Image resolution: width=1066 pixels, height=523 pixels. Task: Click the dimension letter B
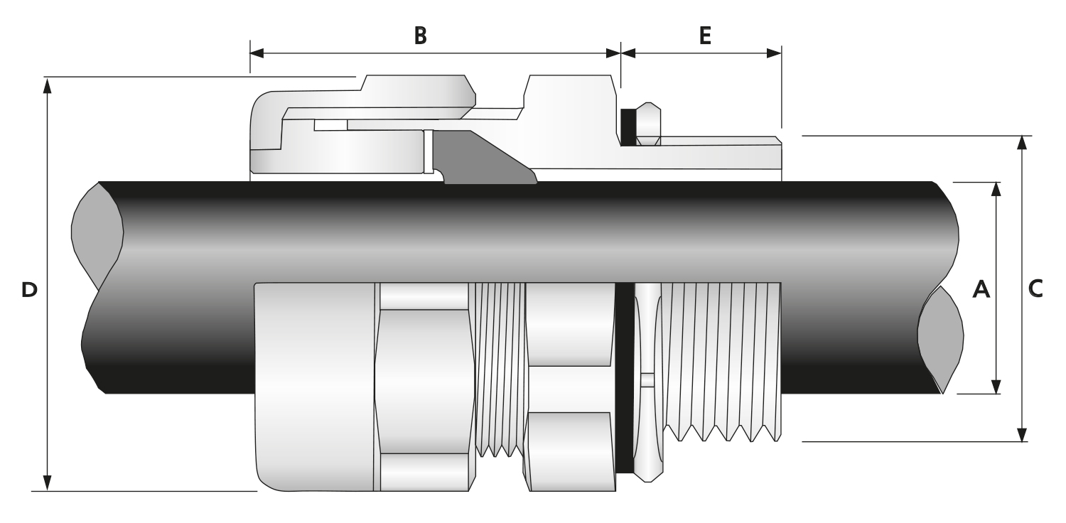point(421,36)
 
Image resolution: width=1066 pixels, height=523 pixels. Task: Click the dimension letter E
point(704,36)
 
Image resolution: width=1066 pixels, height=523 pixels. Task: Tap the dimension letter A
point(981,289)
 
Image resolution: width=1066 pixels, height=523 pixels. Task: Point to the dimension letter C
point(1035,289)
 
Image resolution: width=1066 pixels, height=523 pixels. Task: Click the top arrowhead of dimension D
point(48,85)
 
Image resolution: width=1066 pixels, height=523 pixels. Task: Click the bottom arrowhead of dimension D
point(48,482)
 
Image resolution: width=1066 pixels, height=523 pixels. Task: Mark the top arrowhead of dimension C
point(1022,143)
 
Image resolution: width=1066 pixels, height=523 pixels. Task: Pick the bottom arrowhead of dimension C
point(1022,434)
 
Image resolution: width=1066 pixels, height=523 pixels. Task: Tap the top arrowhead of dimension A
point(996,189)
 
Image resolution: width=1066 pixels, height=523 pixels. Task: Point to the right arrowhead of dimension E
point(774,53)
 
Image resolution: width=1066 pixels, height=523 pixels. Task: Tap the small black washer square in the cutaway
point(628,127)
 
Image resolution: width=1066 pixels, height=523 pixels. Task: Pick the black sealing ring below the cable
point(624,377)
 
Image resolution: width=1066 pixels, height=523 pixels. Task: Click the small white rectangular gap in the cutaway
point(330,126)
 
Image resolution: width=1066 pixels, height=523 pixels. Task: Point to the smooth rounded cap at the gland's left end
point(313,384)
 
